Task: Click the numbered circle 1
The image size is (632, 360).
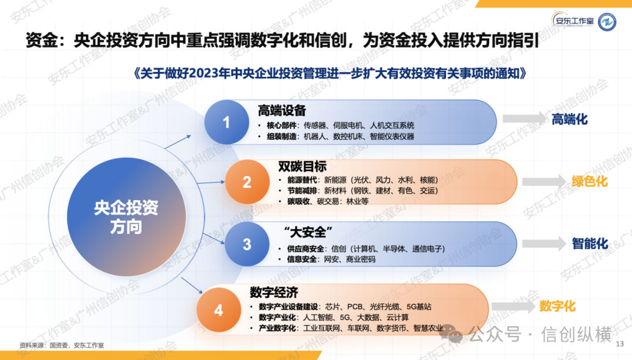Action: pyautogui.click(x=226, y=122)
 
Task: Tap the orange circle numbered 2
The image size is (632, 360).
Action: pyautogui.click(x=246, y=182)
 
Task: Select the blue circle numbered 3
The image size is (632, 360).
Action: pyautogui.click(x=246, y=244)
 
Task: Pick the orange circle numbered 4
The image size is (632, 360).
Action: pyautogui.click(x=218, y=309)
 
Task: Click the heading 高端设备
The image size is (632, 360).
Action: pyautogui.click(x=282, y=111)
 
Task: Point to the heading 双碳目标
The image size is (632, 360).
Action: pyautogui.click(x=302, y=166)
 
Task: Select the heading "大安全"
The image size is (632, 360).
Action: pyautogui.click(x=305, y=230)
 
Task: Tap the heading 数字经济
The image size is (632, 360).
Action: pyautogui.click(x=274, y=292)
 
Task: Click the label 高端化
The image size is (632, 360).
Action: pyautogui.click(x=569, y=119)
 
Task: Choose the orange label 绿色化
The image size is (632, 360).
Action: pyautogui.click(x=589, y=181)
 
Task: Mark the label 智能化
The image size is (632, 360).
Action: pyautogui.click(x=590, y=244)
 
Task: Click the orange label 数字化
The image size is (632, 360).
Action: pyautogui.click(x=558, y=306)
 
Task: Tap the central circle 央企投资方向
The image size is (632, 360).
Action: pyautogui.click(x=126, y=217)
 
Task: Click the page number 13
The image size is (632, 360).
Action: pyautogui.click(x=621, y=344)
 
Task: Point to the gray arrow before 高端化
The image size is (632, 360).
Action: pyautogui.click(x=523, y=119)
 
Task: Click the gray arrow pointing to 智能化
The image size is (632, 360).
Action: pyautogui.click(x=544, y=244)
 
